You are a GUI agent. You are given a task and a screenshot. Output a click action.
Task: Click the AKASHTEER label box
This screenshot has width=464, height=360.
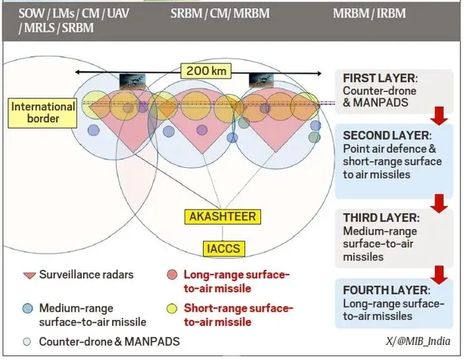(223, 217)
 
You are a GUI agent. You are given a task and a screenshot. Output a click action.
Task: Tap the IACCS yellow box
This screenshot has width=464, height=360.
(223, 247)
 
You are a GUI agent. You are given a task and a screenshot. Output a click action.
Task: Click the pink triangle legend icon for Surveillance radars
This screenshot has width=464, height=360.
(30, 275)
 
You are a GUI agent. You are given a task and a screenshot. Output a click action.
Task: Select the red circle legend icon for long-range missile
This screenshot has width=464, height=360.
(172, 275)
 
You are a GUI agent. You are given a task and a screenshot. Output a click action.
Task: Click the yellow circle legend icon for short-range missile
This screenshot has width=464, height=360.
(172, 308)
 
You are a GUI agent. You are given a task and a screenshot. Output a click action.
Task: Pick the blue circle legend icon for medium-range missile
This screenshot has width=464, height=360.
(28, 308)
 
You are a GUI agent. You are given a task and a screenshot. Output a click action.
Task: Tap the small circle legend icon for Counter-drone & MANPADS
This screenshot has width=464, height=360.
(28, 341)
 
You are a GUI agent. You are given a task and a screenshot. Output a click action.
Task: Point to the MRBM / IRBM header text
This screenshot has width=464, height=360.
(370, 13)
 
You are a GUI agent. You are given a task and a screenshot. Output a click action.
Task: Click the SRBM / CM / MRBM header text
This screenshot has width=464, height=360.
(219, 13)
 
